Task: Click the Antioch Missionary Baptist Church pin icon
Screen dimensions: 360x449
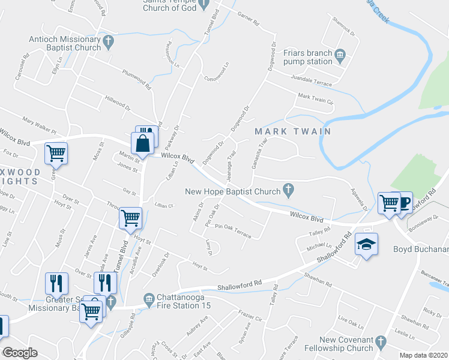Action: (x=109, y=42)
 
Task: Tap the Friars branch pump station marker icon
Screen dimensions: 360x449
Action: (x=340, y=56)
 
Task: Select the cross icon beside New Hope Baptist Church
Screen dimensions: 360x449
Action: (x=288, y=191)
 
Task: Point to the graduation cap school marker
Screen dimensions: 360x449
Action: (x=366, y=245)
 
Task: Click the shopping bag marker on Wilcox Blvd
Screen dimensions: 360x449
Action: (x=142, y=144)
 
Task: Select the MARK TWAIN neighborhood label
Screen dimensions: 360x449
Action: (x=284, y=131)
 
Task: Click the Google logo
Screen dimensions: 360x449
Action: (x=20, y=353)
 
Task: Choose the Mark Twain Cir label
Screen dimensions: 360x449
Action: (x=316, y=100)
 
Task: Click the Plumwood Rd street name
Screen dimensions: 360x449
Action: (x=136, y=79)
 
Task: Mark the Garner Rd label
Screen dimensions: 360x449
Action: (x=248, y=21)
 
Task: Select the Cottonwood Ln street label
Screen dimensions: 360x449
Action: (x=217, y=72)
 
